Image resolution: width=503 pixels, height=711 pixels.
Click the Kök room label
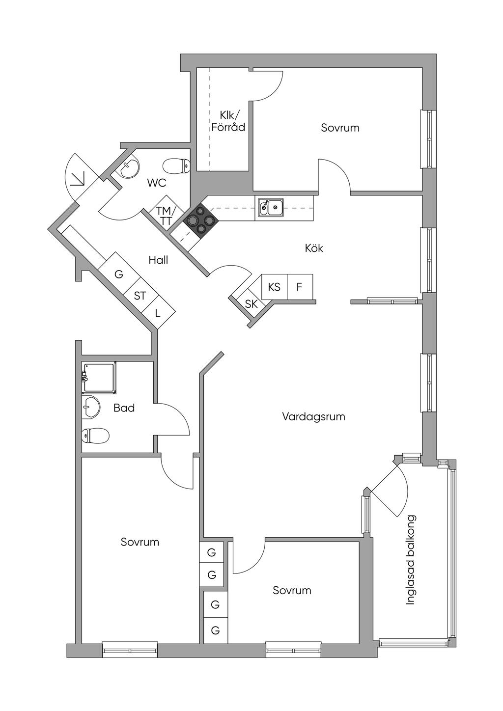(314, 248)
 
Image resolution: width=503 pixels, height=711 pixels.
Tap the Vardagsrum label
(313, 417)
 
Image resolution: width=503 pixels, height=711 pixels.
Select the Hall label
(158, 260)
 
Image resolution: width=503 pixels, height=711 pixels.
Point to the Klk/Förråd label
(228, 121)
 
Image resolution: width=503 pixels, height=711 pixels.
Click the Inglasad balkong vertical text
(411, 559)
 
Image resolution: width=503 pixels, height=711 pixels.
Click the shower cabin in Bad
(100, 378)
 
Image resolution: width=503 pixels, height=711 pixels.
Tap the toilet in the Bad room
(95, 435)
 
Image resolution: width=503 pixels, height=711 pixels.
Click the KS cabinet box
(274, 286)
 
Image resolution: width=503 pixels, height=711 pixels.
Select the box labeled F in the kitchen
(299, 286)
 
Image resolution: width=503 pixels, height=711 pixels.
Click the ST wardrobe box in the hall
(140, 296)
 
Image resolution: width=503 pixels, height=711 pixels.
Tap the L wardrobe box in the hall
(158, 312)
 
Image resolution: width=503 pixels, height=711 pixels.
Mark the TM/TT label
(164, 216)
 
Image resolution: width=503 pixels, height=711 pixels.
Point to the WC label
(157, 183)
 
